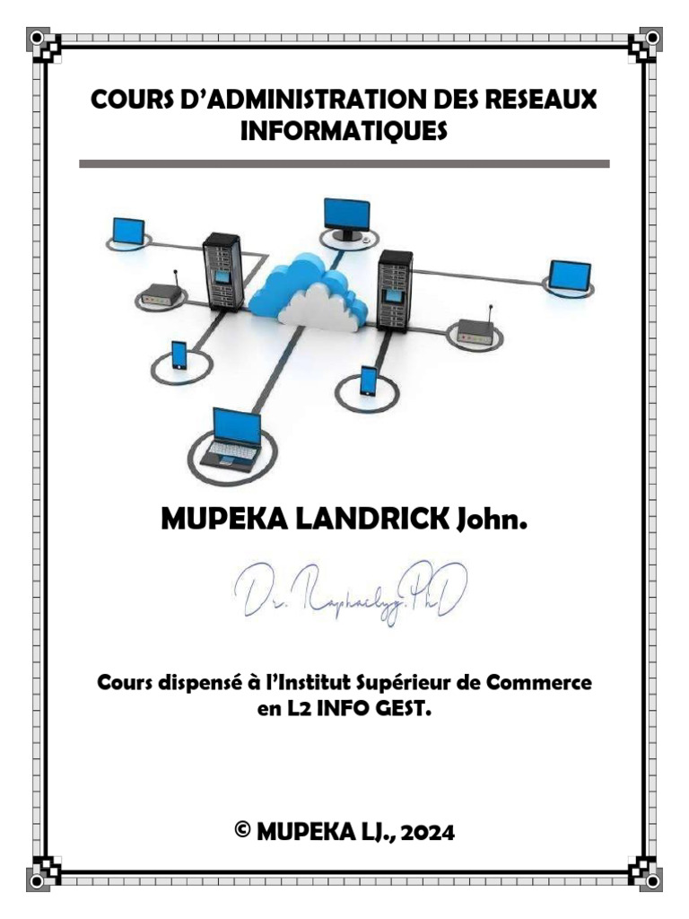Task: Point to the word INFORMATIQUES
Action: point(344,131)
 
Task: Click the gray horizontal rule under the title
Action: point(344,164)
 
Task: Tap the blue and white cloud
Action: point(310,292)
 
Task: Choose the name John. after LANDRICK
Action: point(490,518)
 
